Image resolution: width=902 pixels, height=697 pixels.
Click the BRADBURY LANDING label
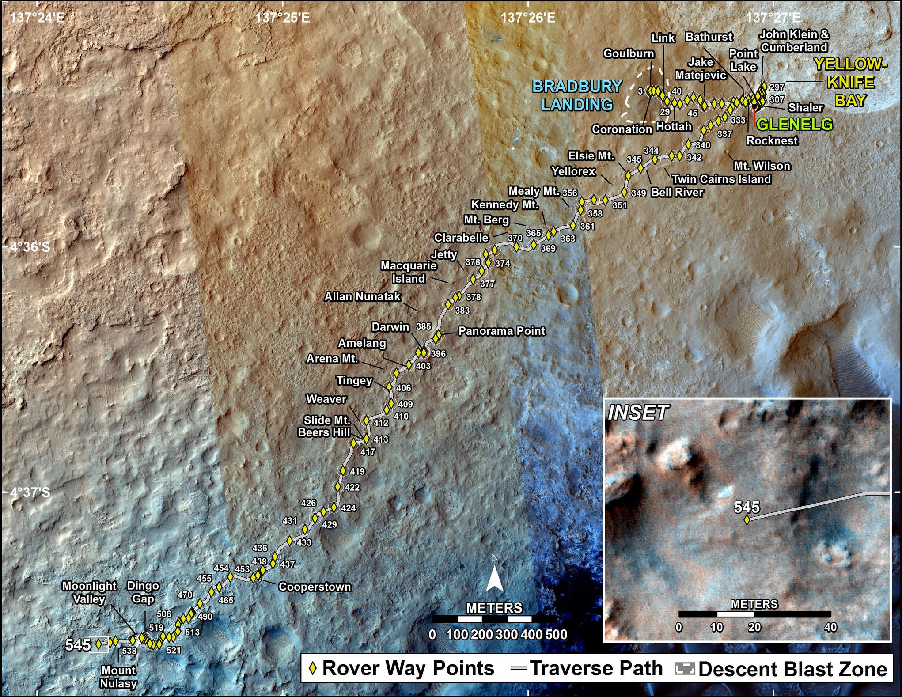(577, 95)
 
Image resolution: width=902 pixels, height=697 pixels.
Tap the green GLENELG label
(795, 124)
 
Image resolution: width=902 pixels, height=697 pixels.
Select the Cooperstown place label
(315, 587)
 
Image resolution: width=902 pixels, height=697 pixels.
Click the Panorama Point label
(501, 331)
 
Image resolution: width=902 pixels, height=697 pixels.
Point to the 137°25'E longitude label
(283, 18)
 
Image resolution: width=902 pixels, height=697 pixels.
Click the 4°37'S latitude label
(30, 492)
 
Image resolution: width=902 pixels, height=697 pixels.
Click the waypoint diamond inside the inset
(747, 520)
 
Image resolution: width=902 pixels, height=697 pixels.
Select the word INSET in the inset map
(637, 413)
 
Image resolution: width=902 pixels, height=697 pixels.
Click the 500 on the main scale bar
(556, 635)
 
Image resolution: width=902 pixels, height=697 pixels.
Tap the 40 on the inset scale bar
(830, 627)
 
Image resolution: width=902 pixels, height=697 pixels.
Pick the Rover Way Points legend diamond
(313, 669)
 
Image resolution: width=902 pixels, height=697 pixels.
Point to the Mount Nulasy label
(118, 677)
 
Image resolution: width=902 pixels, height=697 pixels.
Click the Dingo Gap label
(143, 592)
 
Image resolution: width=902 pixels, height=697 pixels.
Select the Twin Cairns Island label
(721, 179)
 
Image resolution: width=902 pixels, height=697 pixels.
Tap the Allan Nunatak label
(362, 296)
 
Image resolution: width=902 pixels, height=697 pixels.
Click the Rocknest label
(772, 140)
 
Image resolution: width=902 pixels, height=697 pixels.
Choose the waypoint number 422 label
(352, 488)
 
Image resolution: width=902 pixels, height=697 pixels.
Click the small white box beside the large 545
(99, 644)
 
